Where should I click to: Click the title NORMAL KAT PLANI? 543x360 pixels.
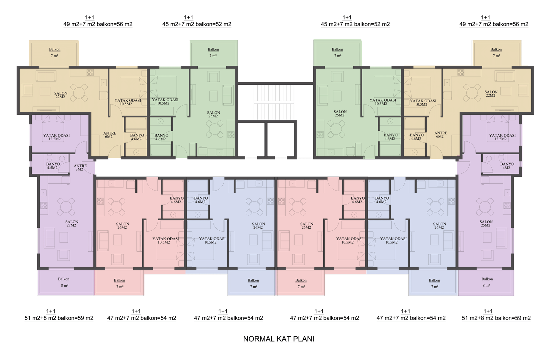coord(279,339)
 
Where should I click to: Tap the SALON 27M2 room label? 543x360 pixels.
coord(71,224)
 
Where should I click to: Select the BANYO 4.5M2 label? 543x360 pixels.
coord(53,166)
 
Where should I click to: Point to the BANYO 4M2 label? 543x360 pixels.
coord(507,166)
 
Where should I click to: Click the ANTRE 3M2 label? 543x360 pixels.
coord(80,168)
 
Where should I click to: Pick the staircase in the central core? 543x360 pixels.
coord(274,102)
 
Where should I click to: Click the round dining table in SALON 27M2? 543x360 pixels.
coord(66,207)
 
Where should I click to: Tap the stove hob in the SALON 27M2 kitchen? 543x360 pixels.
coord(44,205)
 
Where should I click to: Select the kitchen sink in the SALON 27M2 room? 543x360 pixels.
coord(44,193)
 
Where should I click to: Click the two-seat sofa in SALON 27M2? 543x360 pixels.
coord(49,238)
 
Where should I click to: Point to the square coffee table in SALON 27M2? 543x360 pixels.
coord(64,237)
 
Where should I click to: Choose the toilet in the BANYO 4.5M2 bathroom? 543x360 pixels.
coord(50,158)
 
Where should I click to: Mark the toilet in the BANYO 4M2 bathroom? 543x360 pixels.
coord(501,158)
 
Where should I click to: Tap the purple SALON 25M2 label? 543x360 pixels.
coord(486,224)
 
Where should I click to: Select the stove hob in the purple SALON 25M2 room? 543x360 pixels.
coord(507,205)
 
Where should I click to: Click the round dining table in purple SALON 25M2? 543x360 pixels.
coord(485,207)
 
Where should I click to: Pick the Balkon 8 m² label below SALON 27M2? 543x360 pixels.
coord(64,282)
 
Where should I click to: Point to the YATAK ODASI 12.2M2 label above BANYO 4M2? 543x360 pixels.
coord(502,137)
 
